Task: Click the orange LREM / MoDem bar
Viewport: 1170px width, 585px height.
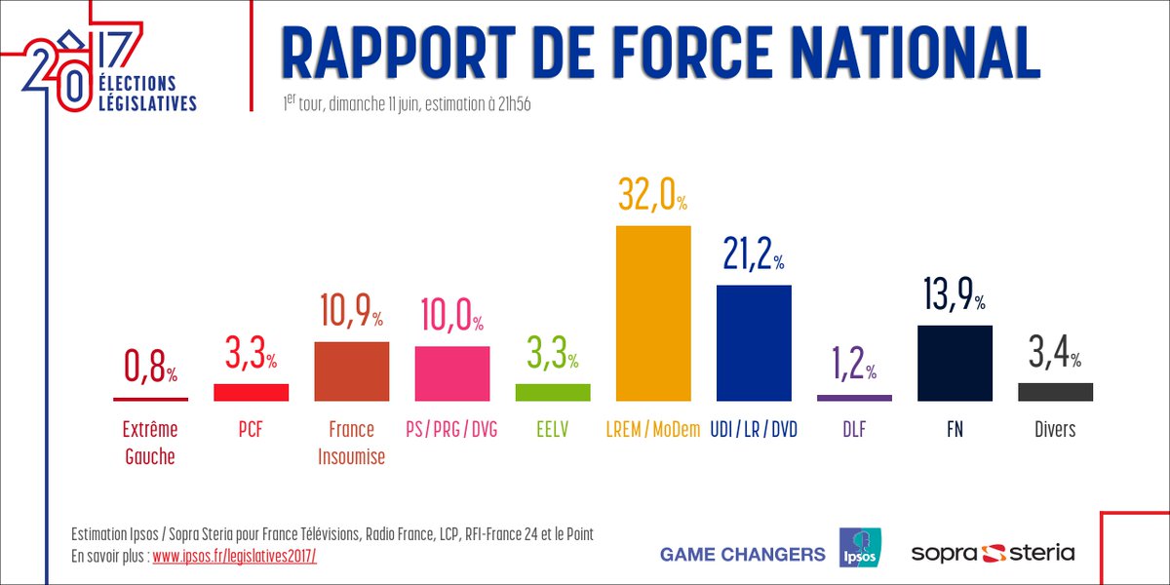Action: point(653,313)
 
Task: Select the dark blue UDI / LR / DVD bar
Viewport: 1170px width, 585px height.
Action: point(754,343)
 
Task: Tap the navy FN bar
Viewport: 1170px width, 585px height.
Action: point(955,363)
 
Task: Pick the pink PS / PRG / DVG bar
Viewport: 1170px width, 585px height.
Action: point(452,373)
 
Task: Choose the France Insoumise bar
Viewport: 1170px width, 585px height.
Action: point(352,371)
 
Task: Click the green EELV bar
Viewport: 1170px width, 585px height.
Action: point(553,392)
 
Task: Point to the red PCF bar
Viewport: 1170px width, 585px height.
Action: point(252,392)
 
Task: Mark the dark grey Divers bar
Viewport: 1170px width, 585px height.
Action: point(1055,392)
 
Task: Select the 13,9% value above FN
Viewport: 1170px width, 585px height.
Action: point(955,295)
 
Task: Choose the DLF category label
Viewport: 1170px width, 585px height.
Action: point(854,429)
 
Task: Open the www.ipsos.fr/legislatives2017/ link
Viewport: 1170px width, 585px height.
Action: point(234,555)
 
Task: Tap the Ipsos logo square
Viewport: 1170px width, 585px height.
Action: point(860,548)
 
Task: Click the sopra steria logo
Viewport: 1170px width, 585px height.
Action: point(993,553)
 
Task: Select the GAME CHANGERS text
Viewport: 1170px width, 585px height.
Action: point(742,554)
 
